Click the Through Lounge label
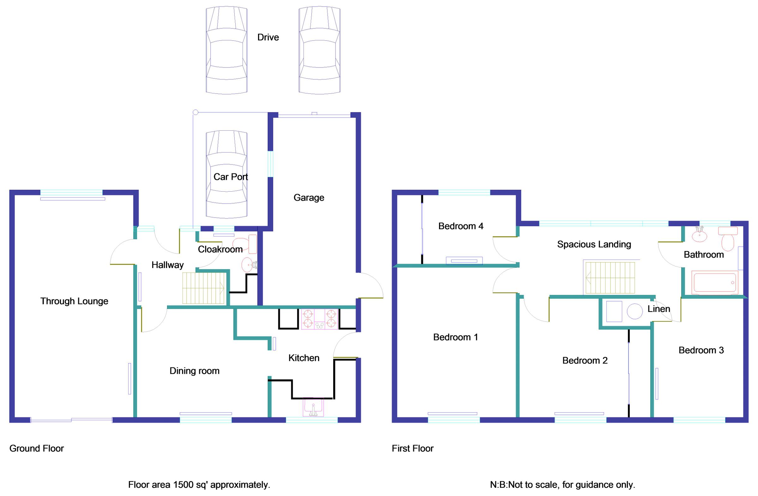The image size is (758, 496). click(74, 301)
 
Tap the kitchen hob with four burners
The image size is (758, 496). click(319, 319)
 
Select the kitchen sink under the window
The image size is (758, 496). click(313, 407)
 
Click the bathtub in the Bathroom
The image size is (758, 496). click(714, 282)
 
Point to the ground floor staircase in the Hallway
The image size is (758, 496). click(203, 288)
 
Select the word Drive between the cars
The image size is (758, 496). click(268, 38)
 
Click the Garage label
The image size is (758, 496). click(309, 198)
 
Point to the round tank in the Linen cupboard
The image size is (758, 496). click(635, 311)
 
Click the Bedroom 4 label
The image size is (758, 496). click(460, 226)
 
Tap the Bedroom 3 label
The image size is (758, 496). click(701, 350)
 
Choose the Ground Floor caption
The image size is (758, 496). click(37, 448)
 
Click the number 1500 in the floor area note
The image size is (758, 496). click(183, 485)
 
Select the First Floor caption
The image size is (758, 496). click(412, 448)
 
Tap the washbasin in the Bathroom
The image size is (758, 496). click(699, 236)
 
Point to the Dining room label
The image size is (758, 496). click(194, 371)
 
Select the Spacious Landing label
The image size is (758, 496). click(594, 244)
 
